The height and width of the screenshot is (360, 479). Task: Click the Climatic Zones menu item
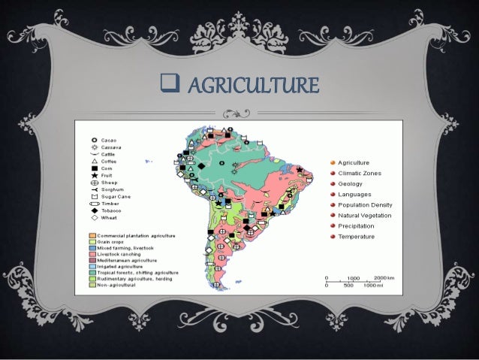(359, 174)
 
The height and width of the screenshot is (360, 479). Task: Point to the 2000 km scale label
(385, 277)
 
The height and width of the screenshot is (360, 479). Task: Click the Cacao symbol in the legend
(94, 141)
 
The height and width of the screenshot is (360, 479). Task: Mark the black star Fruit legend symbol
(94, 175)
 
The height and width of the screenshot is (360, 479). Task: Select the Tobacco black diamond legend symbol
(94, 210)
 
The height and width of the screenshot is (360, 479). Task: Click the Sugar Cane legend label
(114, 196)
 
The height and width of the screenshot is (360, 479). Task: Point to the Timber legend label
(110, 203)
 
